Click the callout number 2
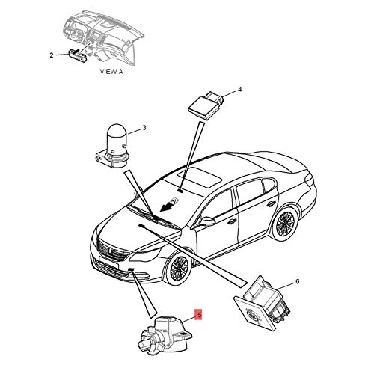(51, 55)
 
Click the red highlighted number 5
(198, 315)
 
